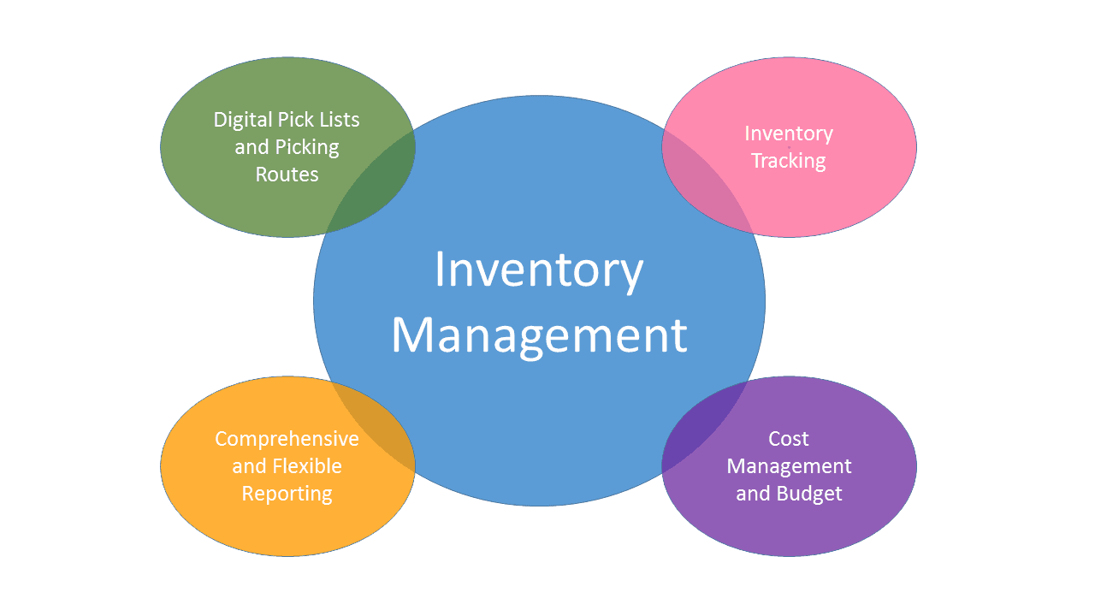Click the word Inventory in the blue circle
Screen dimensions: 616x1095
tap(539, 270)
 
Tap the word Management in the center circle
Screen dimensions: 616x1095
tap(539, 335)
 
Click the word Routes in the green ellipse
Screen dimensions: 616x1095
tap(287, 175)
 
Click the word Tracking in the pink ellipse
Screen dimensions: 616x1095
tap(789, 161)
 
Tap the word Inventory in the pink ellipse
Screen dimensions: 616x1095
tap(789, 133)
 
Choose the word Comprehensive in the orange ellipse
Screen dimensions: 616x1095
tap(287, 439)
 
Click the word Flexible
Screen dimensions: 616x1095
tap(307, 466)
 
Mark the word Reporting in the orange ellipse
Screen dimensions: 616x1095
tap(287, 494)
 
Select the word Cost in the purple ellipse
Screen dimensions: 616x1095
tap(789, 439)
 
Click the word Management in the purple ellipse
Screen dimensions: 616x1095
tap(790, 467)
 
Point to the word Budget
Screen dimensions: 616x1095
tap(809, 494)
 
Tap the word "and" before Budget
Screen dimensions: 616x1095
tap(753, 494)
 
